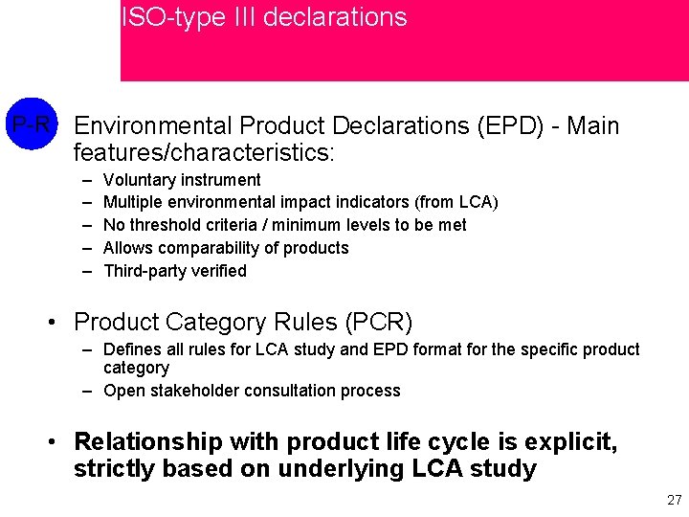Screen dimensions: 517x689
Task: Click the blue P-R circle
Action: [32, 125]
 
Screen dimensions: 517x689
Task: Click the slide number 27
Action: [674, 500]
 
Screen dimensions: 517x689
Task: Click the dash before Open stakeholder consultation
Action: [86, 391]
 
